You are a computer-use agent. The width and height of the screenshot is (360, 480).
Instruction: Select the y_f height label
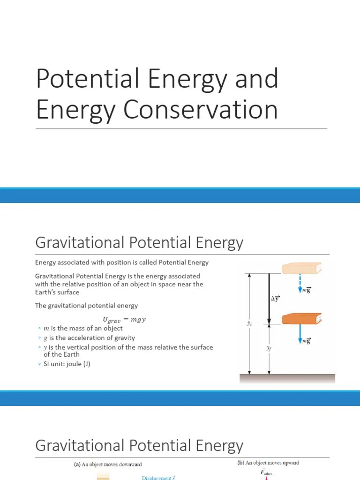click(x=269, y=348)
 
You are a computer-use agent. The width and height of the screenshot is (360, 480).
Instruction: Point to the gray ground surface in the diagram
click(x=287, y=378)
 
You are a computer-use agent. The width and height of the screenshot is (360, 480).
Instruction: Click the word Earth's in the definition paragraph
click(x=46, y=292)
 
